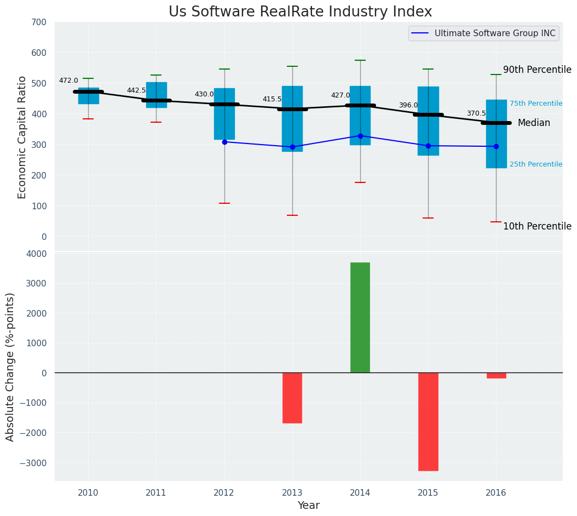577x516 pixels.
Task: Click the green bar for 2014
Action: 360,318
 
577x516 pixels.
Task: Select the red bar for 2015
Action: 428,422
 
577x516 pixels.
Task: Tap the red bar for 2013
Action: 292,398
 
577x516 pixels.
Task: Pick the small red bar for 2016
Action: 496,376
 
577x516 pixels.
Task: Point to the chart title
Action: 300,12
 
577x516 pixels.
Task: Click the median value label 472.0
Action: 68,81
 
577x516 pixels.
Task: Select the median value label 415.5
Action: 272,99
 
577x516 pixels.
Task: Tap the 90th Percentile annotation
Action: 537,70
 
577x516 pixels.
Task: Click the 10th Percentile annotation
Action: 537,226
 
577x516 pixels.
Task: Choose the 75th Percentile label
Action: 535,104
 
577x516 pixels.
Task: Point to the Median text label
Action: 534,123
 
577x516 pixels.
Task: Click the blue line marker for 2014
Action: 360,136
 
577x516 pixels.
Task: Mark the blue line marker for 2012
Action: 224,142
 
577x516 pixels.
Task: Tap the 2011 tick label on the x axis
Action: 156,493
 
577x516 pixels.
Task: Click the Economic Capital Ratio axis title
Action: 22,137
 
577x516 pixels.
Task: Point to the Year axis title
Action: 308,506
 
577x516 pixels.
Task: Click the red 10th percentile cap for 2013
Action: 292,215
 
